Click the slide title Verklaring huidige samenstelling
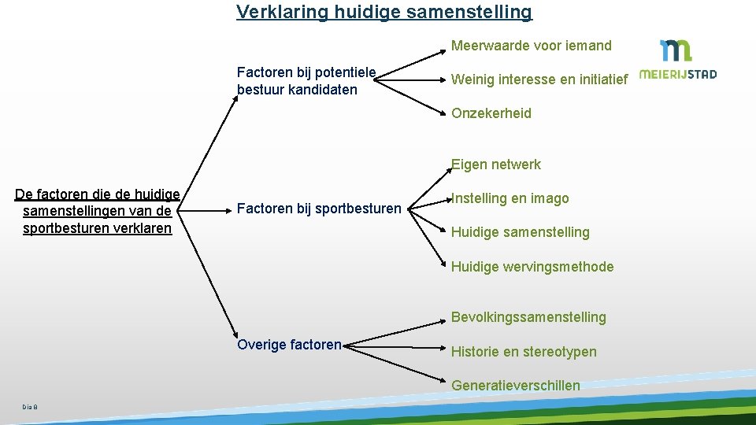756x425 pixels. [384, 13]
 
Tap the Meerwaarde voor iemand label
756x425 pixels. [531, 46]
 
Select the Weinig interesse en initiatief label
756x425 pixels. [539, 79]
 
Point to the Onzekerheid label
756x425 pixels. [491, 113]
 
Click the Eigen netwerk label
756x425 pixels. [496, 164]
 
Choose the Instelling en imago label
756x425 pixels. [510, 198]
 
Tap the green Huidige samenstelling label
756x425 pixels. [520, 232]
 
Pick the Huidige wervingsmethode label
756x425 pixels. [532, 267]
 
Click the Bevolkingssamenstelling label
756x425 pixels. [528, 317]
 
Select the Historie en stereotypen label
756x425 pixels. [524, 352]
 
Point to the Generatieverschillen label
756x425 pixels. [515, 386]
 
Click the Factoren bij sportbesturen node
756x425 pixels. [319, 209]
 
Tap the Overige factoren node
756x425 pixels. [289, 345]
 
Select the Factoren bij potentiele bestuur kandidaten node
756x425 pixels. [306, 81]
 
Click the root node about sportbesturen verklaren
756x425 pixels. [98, 211]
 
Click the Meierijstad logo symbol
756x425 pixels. [676, 50]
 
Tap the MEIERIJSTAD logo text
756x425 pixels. [677, 75]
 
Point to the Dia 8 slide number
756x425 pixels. [30, 406]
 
